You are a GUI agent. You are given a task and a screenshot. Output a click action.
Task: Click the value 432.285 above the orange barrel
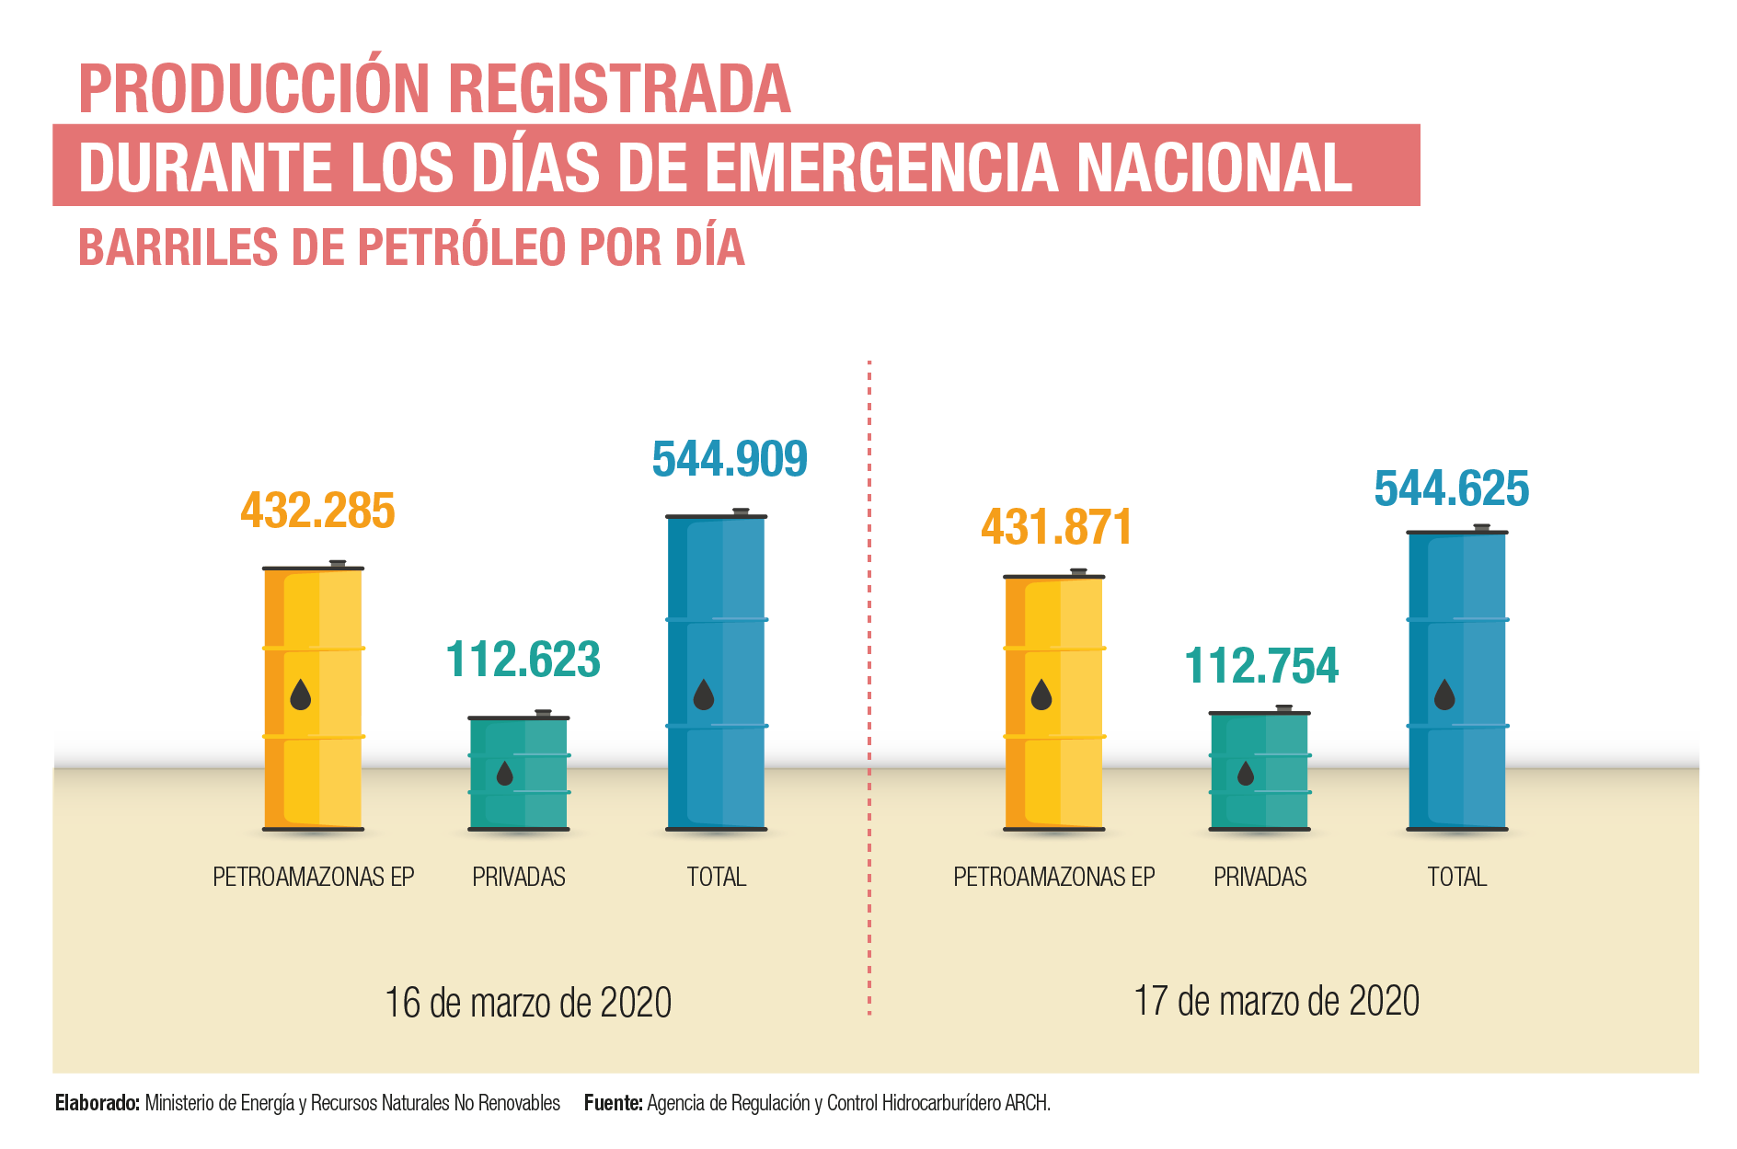317,511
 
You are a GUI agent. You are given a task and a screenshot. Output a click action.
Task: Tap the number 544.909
730,459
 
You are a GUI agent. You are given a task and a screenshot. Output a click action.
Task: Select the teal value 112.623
523,660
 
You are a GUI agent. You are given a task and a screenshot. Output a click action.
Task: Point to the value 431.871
1056,527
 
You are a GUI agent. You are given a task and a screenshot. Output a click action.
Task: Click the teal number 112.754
1261,666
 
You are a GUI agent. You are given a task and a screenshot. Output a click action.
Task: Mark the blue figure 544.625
1452,488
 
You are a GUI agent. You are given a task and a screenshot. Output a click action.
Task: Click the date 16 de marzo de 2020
528,1003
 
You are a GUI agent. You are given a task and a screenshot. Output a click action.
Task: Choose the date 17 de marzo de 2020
1276,1001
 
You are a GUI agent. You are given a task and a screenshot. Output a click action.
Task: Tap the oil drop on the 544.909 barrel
704,695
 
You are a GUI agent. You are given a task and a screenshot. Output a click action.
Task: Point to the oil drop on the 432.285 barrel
301,695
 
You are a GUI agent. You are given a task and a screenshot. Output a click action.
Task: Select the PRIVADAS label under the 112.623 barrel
519,878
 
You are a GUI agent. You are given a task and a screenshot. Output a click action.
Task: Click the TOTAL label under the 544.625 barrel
1456,878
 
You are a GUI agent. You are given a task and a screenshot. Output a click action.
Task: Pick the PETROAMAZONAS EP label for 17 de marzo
1053,878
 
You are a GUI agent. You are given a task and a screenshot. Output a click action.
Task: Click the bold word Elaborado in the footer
97,1103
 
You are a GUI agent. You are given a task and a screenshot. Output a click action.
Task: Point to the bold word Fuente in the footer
613,1103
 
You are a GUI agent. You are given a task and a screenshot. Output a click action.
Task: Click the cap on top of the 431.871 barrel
1078,571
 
